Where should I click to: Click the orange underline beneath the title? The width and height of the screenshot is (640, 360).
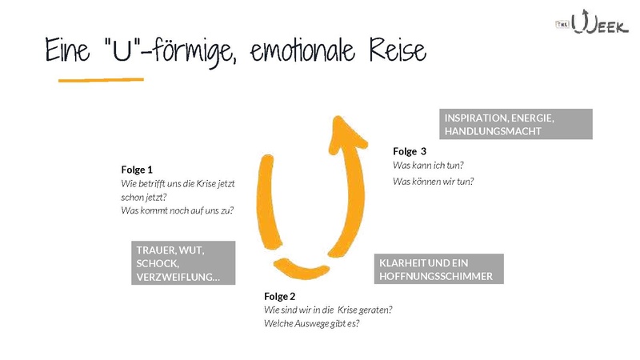101,80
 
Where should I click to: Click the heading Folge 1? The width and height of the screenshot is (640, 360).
137,170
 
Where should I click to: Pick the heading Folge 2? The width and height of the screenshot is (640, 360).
280,296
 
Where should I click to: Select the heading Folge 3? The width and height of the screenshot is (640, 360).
410,150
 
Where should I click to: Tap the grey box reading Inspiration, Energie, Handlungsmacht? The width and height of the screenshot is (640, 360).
516,124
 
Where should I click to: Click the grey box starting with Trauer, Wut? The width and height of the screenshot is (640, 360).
182,263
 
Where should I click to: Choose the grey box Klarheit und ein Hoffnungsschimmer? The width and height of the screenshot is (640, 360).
439,270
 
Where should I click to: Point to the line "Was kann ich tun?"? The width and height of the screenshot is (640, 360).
428,165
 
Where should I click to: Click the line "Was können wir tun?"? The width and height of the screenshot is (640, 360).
433,181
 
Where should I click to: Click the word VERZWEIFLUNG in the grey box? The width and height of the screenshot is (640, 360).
175,278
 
